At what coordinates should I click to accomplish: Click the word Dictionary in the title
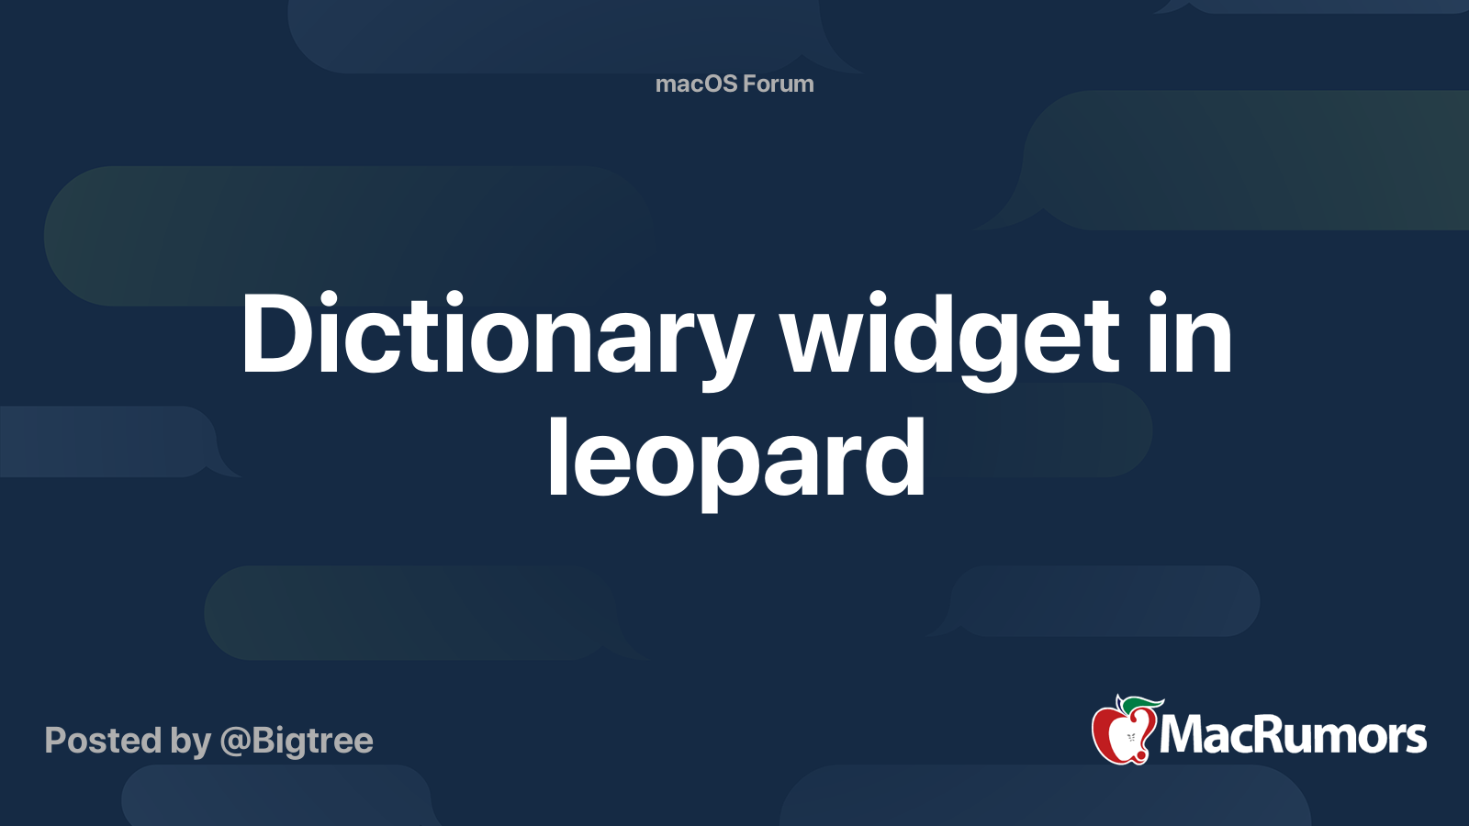point(496,335)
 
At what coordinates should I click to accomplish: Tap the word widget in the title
point(950,335)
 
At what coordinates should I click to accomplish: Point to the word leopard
point(735,457)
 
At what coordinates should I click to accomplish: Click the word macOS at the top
point(696,84)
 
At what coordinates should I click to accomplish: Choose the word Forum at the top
point(779,84)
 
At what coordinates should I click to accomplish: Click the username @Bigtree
point(297,741)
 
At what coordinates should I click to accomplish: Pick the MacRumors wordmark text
point(1293,735)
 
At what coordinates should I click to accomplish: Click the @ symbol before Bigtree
point(234,742)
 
